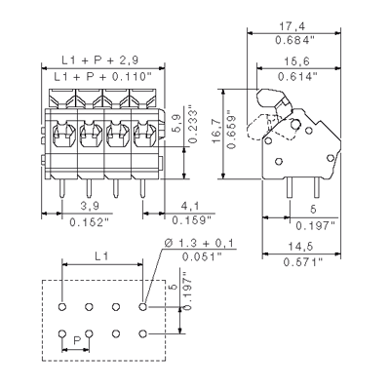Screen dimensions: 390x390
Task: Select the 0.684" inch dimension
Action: [295, 41]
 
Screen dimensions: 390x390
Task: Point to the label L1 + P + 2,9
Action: [100, 60]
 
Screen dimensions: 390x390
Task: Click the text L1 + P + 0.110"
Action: [103, 77]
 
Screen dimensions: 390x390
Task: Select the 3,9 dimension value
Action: [90, 206]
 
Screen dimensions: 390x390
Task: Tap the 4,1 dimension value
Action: [190, 206]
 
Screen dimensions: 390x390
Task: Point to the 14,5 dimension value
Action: [301, 247]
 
